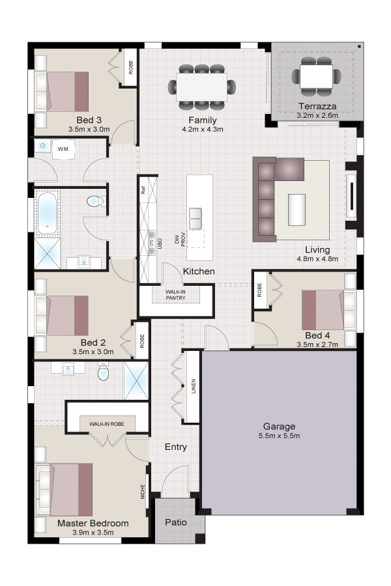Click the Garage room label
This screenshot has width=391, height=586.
tap(279, 426)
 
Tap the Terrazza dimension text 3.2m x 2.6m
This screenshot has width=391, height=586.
tap(317, 115)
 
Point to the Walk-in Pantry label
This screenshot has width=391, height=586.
tap(175, 294)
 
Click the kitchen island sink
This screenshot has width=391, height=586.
tap(196, 219)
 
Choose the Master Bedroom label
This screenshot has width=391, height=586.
tap(93, 523)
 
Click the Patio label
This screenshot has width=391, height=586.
tap(176, 522)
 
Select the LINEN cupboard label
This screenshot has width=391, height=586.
tap(194, 386)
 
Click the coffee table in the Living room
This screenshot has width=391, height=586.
tap(297, 210)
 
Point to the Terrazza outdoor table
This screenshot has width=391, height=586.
tap(316, 77)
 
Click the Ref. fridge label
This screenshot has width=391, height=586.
tap(143, 190)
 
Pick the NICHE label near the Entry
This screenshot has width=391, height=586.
tap(143, 492)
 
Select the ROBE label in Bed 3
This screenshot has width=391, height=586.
tap(131, 67)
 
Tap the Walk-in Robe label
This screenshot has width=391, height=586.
tap(107, 424)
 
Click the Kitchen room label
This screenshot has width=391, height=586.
tap(199, 272)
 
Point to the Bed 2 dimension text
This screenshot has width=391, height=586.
tap(93, 352)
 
